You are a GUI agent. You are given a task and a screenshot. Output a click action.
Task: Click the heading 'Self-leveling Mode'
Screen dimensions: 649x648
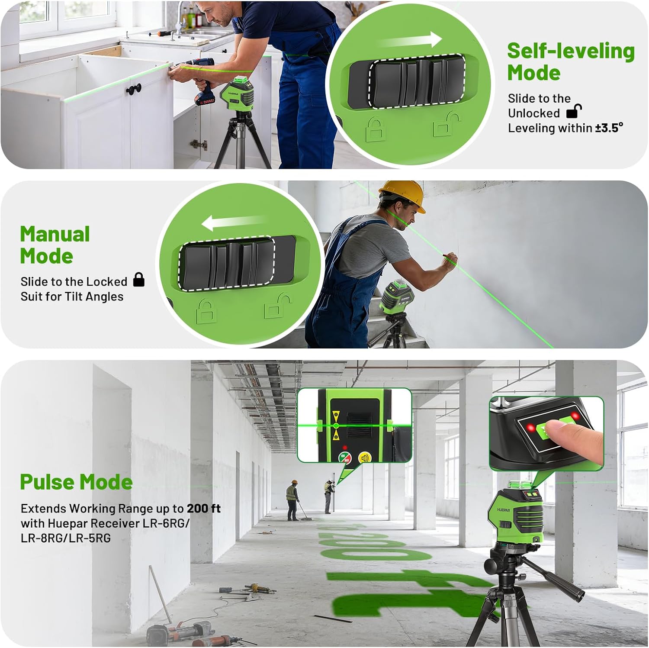(571, 61)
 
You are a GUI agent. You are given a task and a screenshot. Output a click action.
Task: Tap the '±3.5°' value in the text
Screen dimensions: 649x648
(609, 128)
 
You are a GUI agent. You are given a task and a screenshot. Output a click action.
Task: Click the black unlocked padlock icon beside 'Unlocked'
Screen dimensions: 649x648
(574, 112)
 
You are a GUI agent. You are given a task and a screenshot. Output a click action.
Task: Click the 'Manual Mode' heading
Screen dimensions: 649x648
(55, 245)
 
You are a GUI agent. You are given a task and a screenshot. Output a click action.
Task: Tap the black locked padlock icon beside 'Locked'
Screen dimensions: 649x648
(138, 280)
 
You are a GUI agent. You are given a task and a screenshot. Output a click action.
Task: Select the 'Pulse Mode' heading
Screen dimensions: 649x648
(76, 482)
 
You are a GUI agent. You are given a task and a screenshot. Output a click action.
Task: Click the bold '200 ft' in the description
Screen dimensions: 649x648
(203, 508)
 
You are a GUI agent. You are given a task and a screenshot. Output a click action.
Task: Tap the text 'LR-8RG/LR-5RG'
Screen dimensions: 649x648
(65, 538)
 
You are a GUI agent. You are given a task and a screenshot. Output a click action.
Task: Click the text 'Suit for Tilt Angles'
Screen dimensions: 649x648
(72, 297)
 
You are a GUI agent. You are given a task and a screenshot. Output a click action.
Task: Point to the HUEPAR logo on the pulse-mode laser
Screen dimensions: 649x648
(503, 510)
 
